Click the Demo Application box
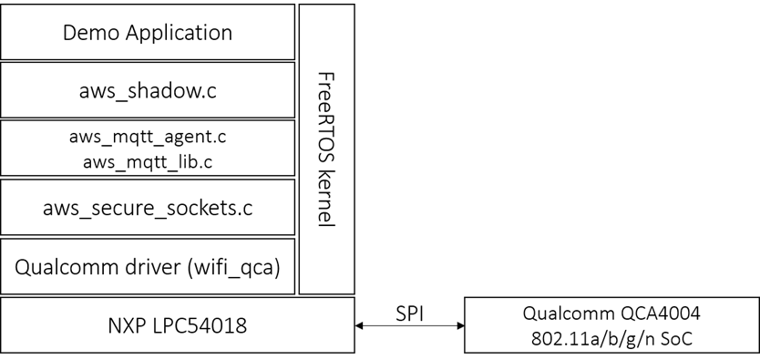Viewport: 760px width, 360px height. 148,33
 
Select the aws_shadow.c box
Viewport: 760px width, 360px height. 148,90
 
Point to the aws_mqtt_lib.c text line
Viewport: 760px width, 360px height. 148,161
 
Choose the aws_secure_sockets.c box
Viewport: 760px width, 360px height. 148,208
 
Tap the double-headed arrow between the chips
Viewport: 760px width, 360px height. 409,325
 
